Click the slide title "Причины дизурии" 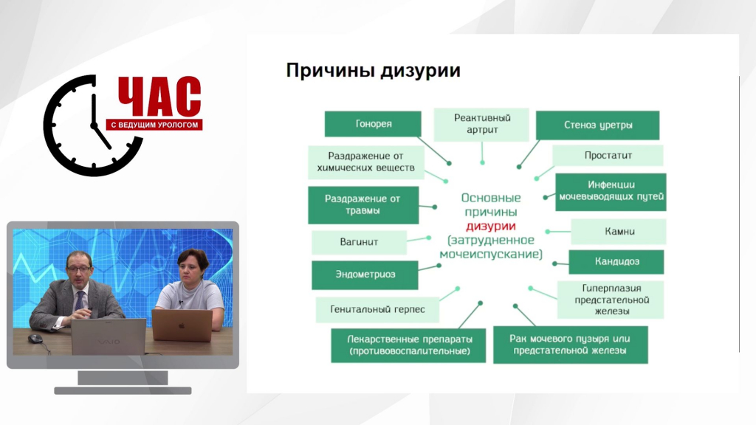[373, 71]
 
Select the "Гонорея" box [373, 124]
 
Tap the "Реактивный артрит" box [481, 124]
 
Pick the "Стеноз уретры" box [597, 125]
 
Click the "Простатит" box [608, 156]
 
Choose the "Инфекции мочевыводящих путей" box [611, 192]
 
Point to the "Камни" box [619, 232]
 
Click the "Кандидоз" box [616, 262]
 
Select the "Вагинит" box [359, 242]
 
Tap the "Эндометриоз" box [365, 274]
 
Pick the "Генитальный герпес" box [377, 309]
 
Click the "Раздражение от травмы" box [363, 205]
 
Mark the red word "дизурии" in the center [491, 226]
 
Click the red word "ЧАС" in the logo [159, 97]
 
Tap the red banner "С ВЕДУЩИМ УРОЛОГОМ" [154, 125]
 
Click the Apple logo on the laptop [182, 325]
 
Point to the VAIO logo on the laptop [109, 342]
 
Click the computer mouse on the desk [35, 339]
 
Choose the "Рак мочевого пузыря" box [571, 345]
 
